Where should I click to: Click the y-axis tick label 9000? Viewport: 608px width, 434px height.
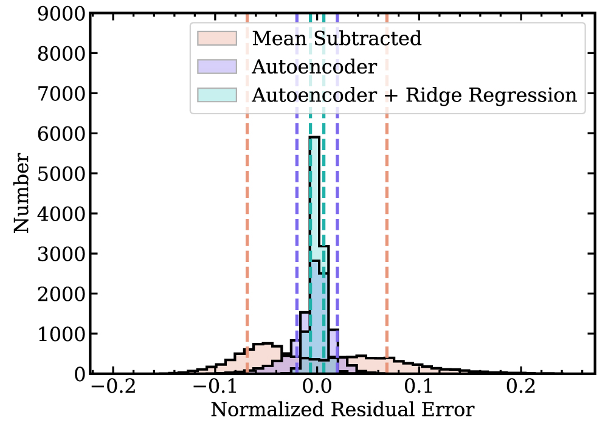[60, 14]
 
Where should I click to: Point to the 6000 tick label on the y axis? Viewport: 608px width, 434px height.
[60, 134]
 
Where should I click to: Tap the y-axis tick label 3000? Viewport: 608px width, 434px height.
[60, 253]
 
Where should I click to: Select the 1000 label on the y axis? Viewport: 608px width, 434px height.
[60, 334]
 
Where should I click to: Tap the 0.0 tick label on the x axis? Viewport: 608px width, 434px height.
[316, 387]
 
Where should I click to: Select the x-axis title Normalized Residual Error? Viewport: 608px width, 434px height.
[342, 410]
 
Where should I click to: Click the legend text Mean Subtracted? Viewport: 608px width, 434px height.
[336, 38]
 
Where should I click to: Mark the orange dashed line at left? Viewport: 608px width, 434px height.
[247, 243]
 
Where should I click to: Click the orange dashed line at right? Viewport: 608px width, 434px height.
[387, 243]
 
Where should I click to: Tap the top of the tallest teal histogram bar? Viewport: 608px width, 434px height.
[314, 137]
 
